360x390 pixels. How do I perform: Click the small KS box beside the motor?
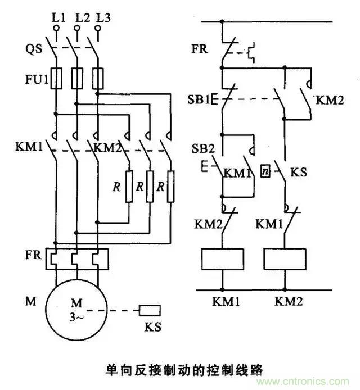tap(150, 310)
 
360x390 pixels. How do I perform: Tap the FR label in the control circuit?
tap(199, 49)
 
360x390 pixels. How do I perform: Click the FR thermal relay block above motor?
tap(75, 256)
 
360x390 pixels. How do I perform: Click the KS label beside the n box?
tap(298, 171)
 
